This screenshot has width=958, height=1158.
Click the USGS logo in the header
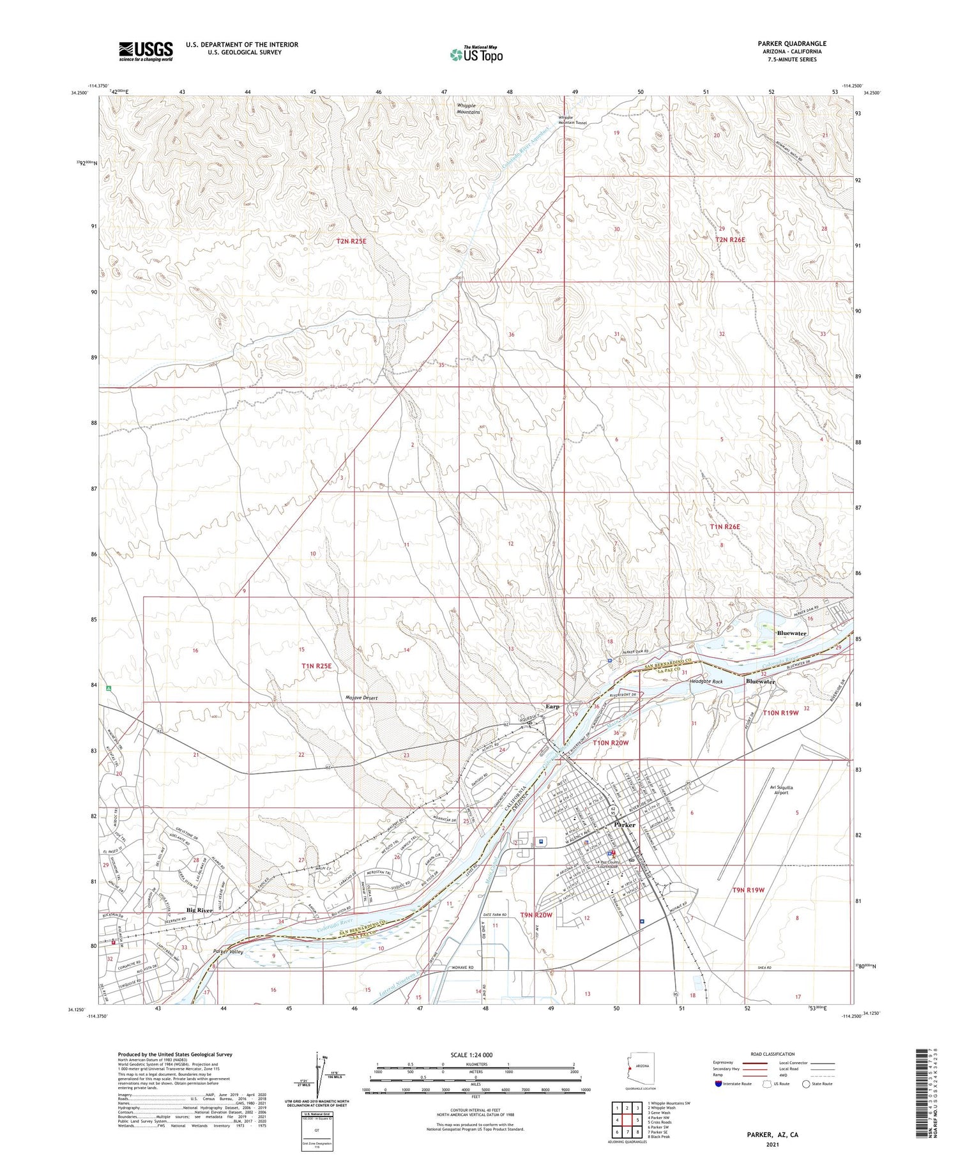tap(146, 51)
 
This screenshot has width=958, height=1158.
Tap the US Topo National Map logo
tap(476, 55)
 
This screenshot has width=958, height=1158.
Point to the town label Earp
tap(552, 706)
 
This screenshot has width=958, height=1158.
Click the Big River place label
tap(200, 910)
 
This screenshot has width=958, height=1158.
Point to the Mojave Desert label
tap(361, 698)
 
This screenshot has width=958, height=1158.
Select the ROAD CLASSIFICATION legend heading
tap(772, 1054)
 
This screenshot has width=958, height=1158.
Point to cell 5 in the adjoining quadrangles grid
tap(637, 1120)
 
